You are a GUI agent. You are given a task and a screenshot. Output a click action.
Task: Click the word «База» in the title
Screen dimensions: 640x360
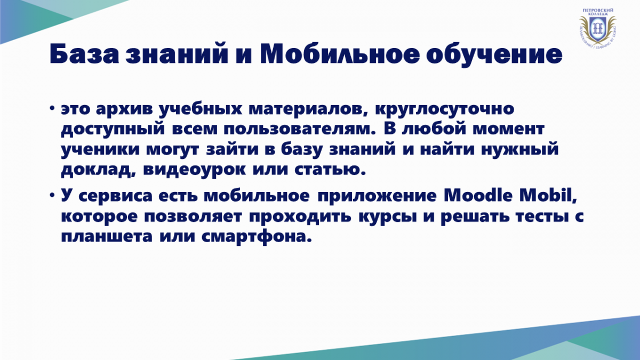(84, 54)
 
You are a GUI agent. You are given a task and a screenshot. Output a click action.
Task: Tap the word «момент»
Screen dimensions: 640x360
(508, 130)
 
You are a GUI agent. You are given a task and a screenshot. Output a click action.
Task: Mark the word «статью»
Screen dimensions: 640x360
(330, 170)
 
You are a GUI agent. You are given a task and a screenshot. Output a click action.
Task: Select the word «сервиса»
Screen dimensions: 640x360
(115, 197)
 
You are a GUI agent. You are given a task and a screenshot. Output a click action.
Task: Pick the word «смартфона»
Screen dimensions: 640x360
(257, 237)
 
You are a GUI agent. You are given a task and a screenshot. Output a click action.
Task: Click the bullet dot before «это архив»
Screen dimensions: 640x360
(52, 108)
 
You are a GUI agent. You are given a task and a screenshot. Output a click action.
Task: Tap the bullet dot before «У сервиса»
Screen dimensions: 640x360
(52, 195)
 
